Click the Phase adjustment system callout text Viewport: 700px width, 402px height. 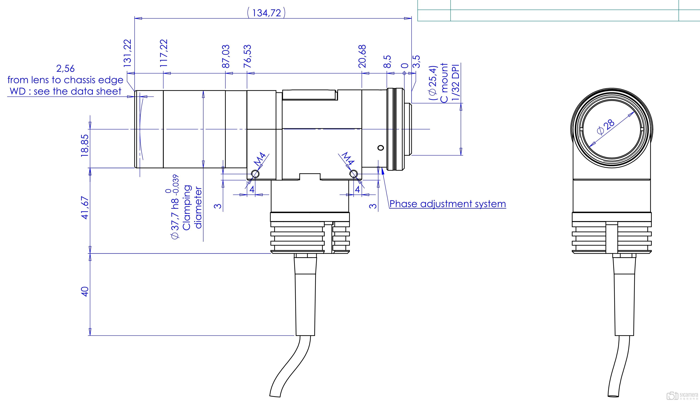(448, 204)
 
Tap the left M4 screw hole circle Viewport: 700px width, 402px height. (255, 174)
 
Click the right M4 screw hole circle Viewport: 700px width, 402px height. (354, 174)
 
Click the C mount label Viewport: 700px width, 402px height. (444, 83)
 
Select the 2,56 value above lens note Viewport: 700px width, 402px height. (65, 68)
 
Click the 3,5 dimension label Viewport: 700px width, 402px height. (416, 61)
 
